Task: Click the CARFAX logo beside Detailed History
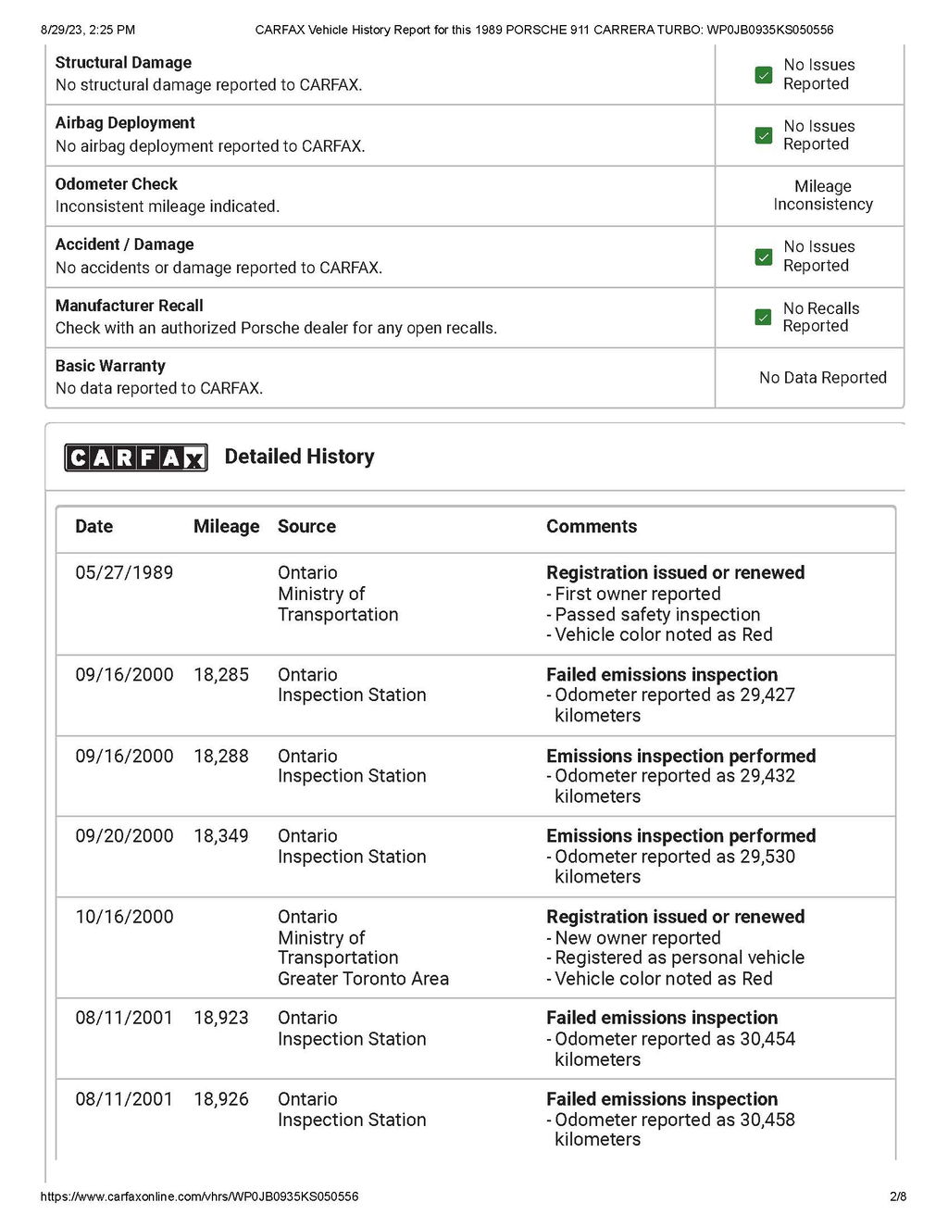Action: tap(136, 457)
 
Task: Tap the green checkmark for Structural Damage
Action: tap(764, 75)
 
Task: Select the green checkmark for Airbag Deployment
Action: tap(764, 135)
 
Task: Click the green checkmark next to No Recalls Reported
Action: tap(764, 317)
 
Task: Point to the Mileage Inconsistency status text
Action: tap(823, 195)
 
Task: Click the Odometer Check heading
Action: tap(117, 184)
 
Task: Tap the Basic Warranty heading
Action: tap(110, 366)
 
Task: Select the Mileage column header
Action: tap(226, 526)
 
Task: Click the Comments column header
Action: tap(592, 526)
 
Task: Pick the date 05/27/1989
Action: tap(124, 572)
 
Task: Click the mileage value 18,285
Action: tap(221, 674)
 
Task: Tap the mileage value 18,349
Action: tap(221, 835)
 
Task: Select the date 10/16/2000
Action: tap(124, 917)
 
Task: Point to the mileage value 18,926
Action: tap(221, 1099)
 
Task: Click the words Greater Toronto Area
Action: tap(363, 979)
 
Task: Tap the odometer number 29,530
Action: tap(767, 857)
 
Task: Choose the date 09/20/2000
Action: tap(124, 835)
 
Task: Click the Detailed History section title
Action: tap(299, 457)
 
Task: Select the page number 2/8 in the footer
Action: tap(898, 1196)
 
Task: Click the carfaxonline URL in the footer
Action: tap(199, 1196)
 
